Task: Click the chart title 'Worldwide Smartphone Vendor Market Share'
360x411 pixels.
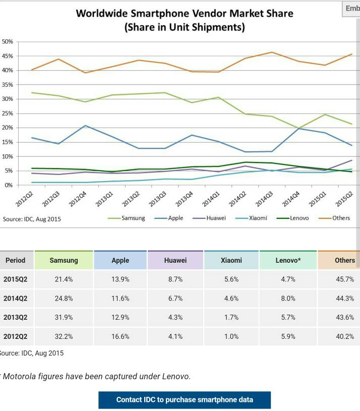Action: tap(184, 14)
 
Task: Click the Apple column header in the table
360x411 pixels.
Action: tap(121, 260)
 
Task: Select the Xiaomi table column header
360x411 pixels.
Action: tap(231, 260)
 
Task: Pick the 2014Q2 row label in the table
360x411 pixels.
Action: tap(16, 299)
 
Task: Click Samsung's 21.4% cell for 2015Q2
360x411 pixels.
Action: tap(64, 279)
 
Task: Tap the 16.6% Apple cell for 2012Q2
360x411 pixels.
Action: tap(121, 336)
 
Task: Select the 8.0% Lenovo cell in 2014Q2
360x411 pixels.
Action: tap(288, 299)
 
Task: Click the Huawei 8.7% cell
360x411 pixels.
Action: tap(175, 279)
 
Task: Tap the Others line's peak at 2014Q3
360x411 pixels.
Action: tap(271, 52)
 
